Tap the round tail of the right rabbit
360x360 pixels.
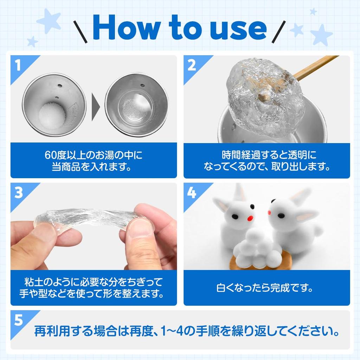[x=318, y=231]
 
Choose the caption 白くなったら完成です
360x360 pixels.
[x=266, y=288]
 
